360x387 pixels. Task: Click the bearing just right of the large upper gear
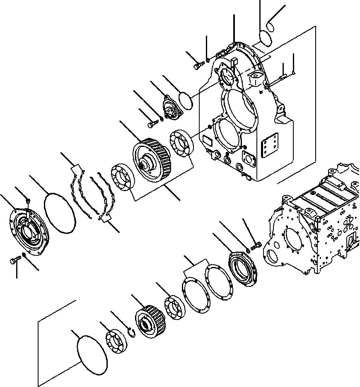tap(181, 143)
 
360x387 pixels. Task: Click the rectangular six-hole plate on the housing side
tap(270, 145)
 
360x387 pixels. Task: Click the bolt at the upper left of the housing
tap(198, 64)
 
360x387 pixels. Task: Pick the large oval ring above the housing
tap(265, 37)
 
